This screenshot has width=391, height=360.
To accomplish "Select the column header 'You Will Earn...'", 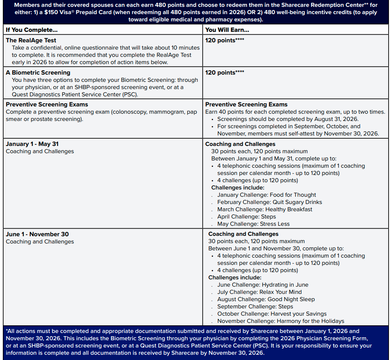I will click(x=227, y=30).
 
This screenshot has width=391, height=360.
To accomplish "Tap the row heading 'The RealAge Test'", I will click(x=31, y=40).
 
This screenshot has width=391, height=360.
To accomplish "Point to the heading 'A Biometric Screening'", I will click(x=38, y=73).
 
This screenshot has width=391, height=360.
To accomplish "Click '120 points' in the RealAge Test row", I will click(x=220, y=40).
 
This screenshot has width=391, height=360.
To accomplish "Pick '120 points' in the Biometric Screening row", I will click(x=220, y=73).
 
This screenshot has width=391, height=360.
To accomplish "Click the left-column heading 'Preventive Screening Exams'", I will click(x=47, y=104).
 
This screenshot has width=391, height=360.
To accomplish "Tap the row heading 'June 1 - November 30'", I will click(x=37, y=234).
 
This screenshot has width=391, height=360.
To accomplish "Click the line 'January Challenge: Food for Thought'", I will click(x=266, y=195).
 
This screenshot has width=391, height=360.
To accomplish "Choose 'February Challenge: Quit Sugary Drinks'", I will click(x=270, y=202).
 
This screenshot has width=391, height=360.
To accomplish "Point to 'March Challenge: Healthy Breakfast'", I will click(x=265, y=209).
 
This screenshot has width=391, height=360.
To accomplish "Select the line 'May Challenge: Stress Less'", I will click(x=253, y=224).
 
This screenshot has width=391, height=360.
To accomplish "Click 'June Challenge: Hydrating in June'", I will click(x=263, y=285).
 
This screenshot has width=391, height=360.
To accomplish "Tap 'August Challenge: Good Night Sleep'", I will click(x=266, y=299).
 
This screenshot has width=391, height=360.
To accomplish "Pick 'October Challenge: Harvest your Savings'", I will click(x=272, y=314).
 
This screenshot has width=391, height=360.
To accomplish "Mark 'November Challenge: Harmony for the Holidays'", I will click(x=280, y=321).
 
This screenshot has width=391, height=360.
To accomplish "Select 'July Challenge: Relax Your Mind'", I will click(x=259, y=292).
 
